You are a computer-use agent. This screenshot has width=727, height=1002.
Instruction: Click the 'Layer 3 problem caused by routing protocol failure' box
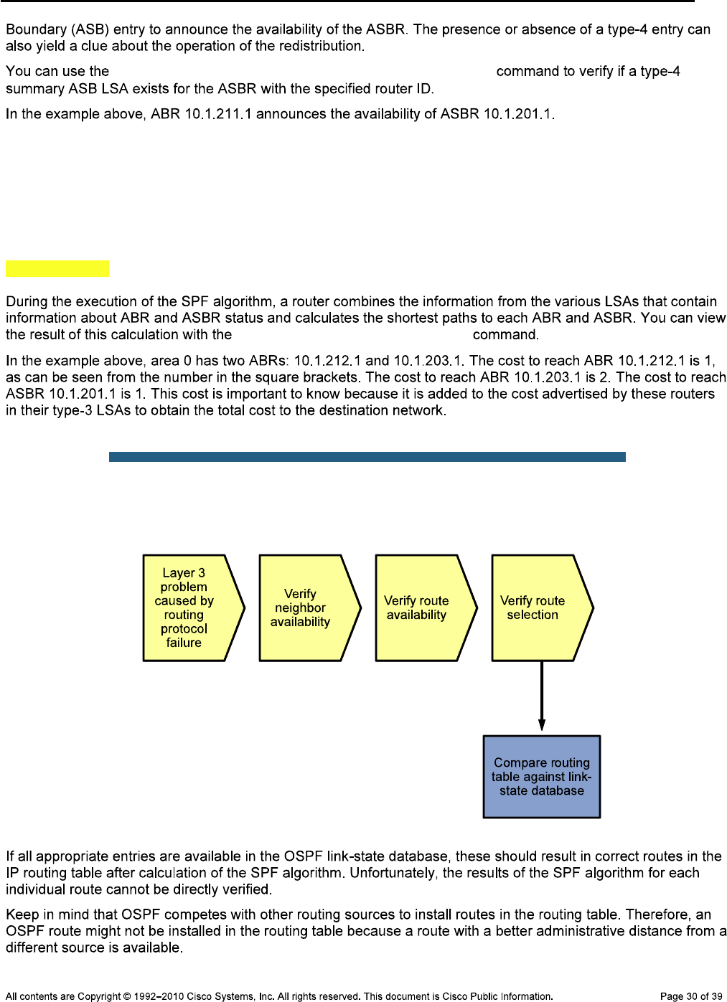(x=188, y=608)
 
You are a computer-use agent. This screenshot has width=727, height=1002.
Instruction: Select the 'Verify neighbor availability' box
(x=304, y=608)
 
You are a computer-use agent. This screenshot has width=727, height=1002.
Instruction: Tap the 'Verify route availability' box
(x=421, y=608)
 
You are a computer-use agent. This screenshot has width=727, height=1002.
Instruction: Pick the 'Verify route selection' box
(x=537, y=608)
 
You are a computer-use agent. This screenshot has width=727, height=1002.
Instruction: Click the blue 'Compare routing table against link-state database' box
(x=542, y=777)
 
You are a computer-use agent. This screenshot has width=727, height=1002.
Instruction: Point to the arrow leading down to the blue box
(x=542, y=696)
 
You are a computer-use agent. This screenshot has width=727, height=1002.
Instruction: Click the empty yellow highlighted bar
(x=57, y=268)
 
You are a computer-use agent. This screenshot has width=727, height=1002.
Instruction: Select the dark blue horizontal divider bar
(x=367, y=457)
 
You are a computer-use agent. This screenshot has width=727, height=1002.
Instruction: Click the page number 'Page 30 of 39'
(x=690, y=996)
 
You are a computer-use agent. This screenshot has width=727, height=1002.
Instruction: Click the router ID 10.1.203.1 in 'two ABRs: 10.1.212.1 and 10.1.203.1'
(x=428, y=361)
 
